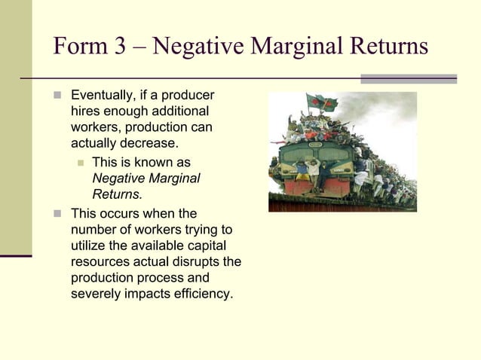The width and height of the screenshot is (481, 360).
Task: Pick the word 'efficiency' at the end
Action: point(201,293)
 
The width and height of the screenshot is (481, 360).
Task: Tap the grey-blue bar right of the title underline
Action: point(409,78)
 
